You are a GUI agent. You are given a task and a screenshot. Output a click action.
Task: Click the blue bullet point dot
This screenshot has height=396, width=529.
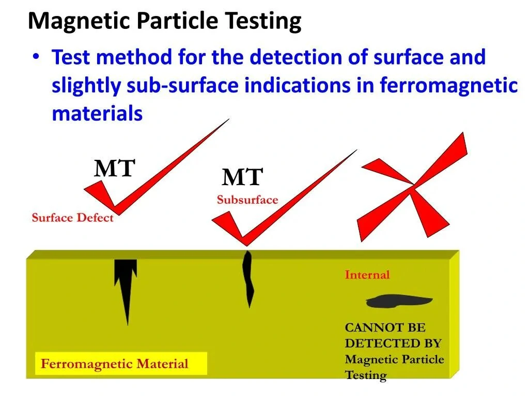[36, 56]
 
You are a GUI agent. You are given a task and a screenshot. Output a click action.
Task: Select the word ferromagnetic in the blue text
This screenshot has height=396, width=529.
[449, 85]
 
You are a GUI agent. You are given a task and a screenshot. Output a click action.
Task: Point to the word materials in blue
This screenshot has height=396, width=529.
[97, 113]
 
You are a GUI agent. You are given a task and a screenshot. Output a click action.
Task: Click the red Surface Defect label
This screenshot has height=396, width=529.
[72, 218]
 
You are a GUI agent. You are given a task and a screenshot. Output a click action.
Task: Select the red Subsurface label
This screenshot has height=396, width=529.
[247, 200]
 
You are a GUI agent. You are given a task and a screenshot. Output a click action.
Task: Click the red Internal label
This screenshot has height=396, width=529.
[367, 275]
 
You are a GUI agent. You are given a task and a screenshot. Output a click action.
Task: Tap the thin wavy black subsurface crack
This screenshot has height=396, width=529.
[248, 278]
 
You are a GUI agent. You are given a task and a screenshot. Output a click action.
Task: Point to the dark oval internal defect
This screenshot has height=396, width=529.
[399, 301]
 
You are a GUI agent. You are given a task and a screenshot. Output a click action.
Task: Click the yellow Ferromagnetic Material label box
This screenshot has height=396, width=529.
[121, 364]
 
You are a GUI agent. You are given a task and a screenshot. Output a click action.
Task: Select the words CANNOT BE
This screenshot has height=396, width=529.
[385, 327]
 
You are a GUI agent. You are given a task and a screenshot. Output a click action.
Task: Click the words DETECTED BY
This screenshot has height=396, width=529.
[393, 343]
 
